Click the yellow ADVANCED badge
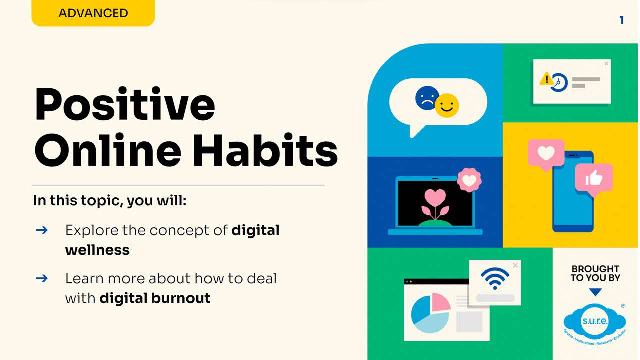pos(93,13)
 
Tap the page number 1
pos(621,20)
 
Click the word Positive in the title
pos(125,105)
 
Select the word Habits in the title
pos(265,150)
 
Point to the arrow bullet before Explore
pos(42,230)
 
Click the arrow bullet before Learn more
pos(42,278)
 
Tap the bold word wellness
pos(97,250)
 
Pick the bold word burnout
pos(181,298)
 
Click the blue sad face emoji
pos(426,98)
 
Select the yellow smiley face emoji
pos(447,105)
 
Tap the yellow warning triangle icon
pos(546,79)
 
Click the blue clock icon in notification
pos(559,83)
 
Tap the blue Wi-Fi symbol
pos(495,279)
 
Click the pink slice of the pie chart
pos(440,302)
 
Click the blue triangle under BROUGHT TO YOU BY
pos(595,292)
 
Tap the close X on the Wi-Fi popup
pos(515,265)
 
